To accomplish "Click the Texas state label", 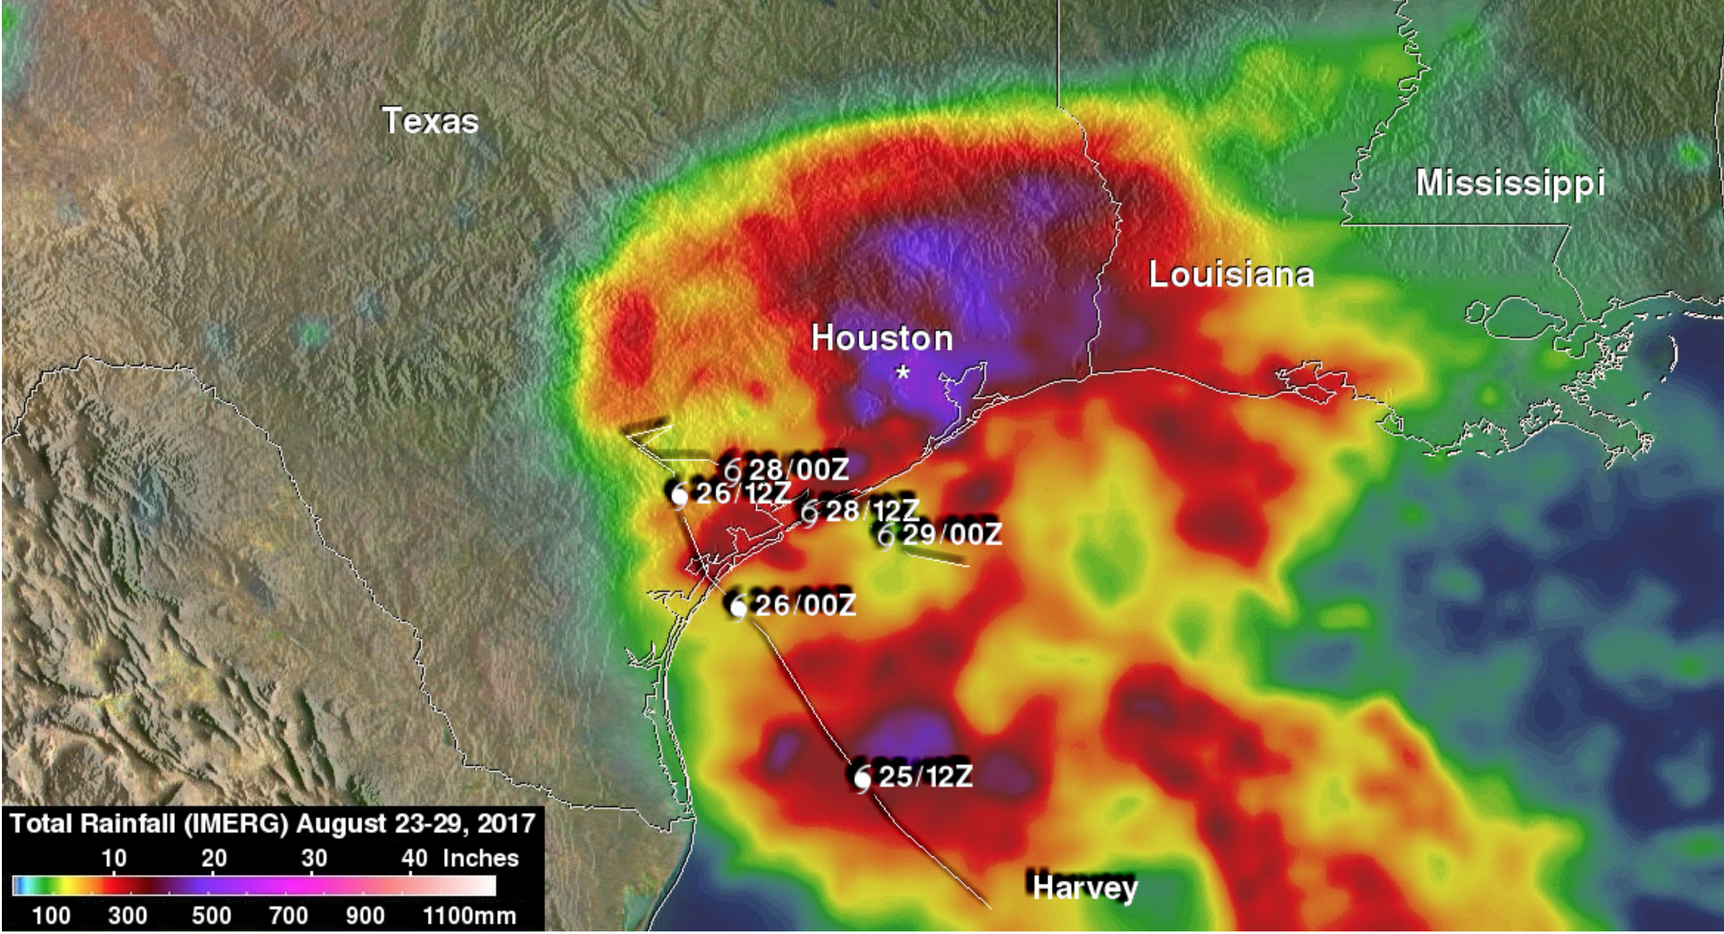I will (x=430, y=121).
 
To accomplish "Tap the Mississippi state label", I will (x=1510, y=183).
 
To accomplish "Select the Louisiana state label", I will (x=1231, y=275).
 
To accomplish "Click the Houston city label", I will (x=882, y=338).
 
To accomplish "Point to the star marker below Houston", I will (x=903, y=372).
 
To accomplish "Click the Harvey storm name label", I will (x=1084, y=888).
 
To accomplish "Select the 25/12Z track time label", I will (x=925, y=777).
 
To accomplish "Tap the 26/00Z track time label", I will (x=805, y=606).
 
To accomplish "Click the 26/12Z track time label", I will (x=743, y=494).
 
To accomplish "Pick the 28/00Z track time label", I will (x=799, y=470).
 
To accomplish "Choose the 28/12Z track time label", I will (x=872, y=511).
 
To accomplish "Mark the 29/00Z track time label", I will (x=952, y=534).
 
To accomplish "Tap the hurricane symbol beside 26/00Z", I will (x=738, y=607).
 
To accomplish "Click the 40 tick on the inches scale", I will (x=414, y=859).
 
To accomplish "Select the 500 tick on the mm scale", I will (x=212, y=916).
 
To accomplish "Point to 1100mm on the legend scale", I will (x=470, y=916).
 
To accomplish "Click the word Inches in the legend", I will (x=480, y=859).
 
